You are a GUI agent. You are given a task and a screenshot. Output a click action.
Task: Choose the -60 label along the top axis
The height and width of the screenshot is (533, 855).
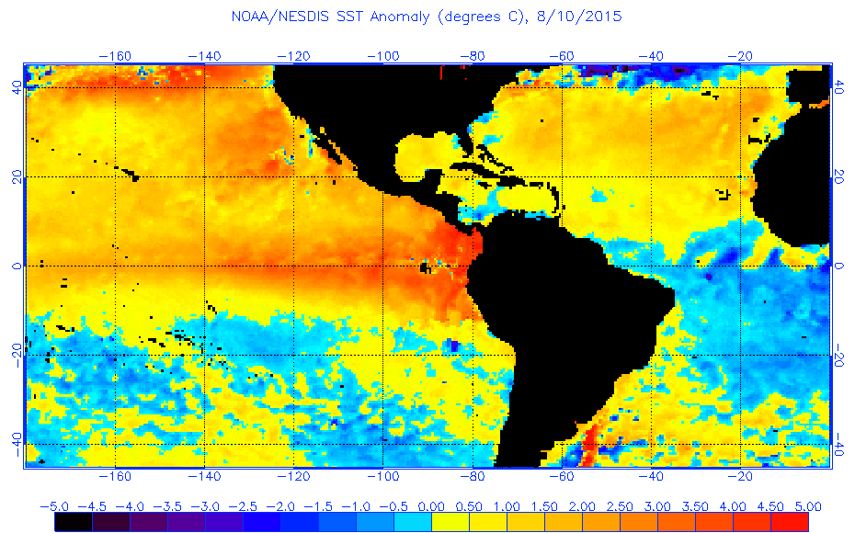click(562, 55)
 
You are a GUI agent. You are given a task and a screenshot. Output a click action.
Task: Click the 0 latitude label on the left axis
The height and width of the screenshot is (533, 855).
click(17, 266)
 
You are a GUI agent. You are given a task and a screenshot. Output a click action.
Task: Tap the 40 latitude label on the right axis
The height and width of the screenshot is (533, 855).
click(839, 88)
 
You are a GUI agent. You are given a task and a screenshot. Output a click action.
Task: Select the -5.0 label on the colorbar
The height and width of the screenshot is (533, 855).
click(54, 506)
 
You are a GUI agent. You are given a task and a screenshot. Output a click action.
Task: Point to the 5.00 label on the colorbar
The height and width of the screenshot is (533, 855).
click(807, 506)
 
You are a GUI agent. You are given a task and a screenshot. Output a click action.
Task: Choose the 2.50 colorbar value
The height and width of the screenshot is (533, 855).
click(619, 506)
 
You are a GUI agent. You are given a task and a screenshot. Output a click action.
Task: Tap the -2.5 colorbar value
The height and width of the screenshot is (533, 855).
click(243, 506)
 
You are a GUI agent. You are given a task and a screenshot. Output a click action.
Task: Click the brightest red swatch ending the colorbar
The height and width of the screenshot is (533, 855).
click(789, 522)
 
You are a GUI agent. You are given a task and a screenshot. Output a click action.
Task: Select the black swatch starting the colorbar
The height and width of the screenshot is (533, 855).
click(73, 522)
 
